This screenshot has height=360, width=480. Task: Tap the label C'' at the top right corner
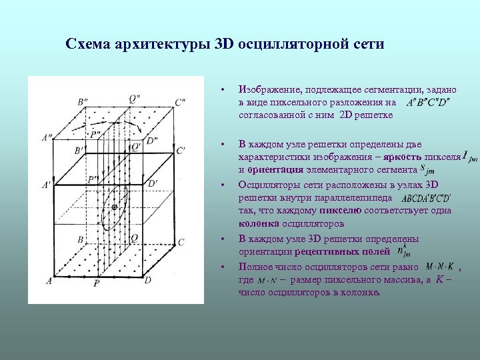pyautogui.click(x=180, y=102)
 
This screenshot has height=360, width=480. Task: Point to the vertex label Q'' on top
pyautogui.click(x=134, y=99)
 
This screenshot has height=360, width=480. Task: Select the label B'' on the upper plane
pyautogui.click(x=85, y=102)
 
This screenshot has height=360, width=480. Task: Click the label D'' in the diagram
pyautogui.click(x=152, y=141)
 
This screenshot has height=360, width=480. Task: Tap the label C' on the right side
pyautogui.click(x=181, y=151)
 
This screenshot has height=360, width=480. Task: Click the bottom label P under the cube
pyautogui.click(x=97, y=284)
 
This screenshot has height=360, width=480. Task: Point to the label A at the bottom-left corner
pyautogui.click(x=49, y=281)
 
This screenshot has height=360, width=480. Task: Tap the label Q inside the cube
pyautogui.click(x=135, y=237)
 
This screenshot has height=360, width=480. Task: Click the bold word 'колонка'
pyautogui.click(x=259, y=223)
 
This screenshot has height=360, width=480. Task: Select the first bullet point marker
pyautogui.click(x=224, y=89)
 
